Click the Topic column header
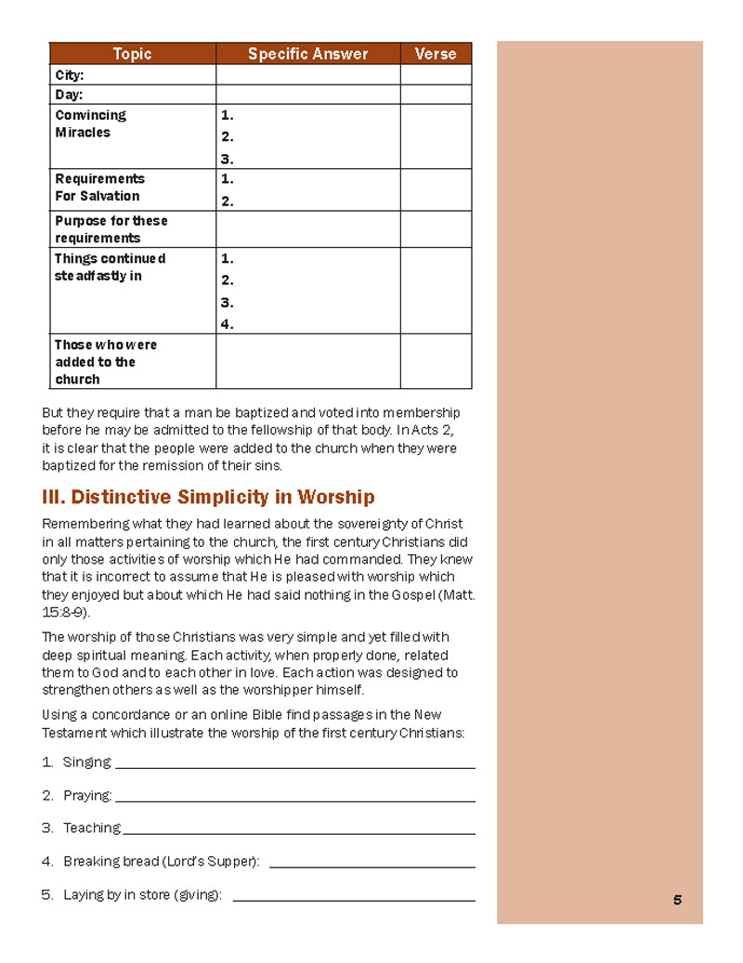point(132,54)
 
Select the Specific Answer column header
point(307,54)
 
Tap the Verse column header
point(436,54)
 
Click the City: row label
point(70,75)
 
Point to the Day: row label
point(69,95)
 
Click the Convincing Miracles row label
point(90,124)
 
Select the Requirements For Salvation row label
point(99,188)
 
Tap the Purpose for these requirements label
point(111,229)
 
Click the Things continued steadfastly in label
point(110,267)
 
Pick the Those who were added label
point(105,361)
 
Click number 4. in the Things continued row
point(228,324)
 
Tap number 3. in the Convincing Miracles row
point(228,159)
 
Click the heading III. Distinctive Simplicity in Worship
point(208,497)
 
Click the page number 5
point(677,899)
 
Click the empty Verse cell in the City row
point(436,75)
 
